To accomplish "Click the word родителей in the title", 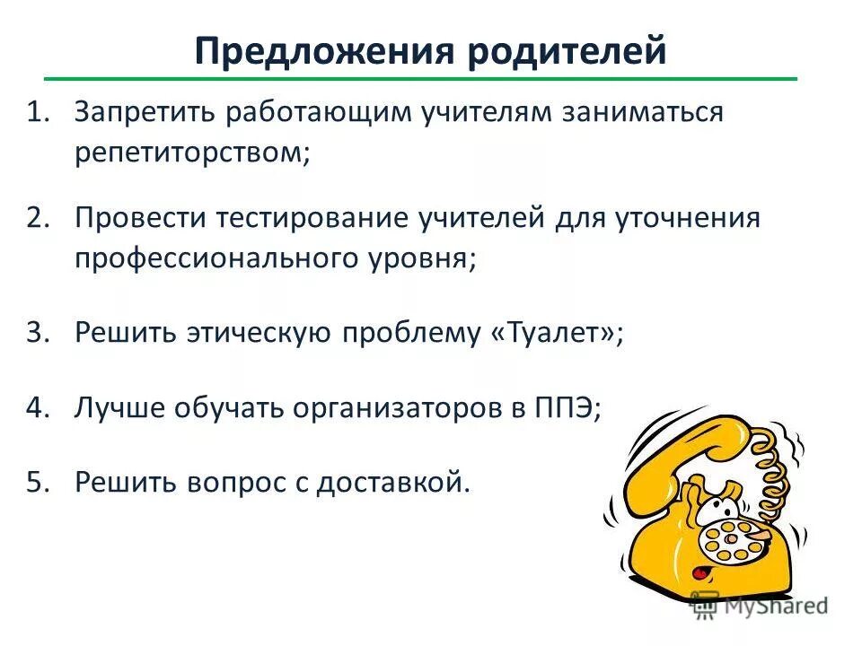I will point(565,51).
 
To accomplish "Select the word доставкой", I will point(395,482).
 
